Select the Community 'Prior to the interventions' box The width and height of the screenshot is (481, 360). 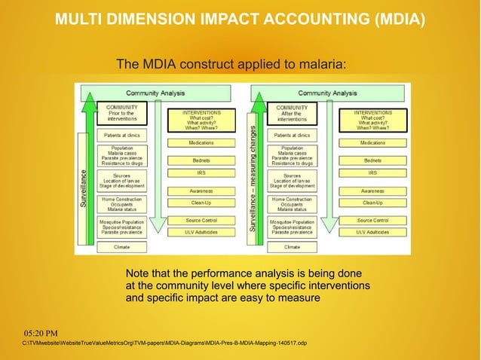(121, 114)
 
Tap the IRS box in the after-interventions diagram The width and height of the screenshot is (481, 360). (372, 173)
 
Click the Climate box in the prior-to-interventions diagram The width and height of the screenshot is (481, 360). (121, 247)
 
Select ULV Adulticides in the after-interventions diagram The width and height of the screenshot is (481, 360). (372, 232)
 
